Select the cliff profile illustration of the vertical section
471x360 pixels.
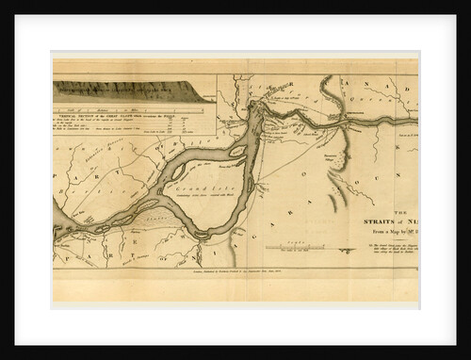click(132, 93)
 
